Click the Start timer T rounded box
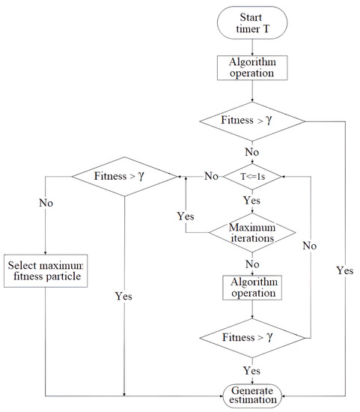252,24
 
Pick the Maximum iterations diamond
252,231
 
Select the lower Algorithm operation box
252,286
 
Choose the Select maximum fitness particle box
46,272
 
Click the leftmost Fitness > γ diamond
123,176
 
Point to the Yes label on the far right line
345,270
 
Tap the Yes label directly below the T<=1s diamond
252,202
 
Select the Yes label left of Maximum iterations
186,216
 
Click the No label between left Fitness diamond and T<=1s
212,176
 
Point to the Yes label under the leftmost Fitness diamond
123,296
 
